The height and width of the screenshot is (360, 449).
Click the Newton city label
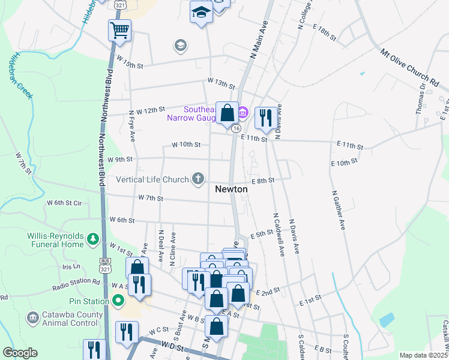(232, 188)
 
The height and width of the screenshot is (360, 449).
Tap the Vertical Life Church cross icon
(197, 178)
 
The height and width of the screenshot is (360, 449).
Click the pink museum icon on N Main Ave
(243, 112)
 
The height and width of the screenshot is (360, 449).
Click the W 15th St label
(131, 62)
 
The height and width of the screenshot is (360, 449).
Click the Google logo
(20, 353)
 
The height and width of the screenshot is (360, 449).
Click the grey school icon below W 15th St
(179, 45)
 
